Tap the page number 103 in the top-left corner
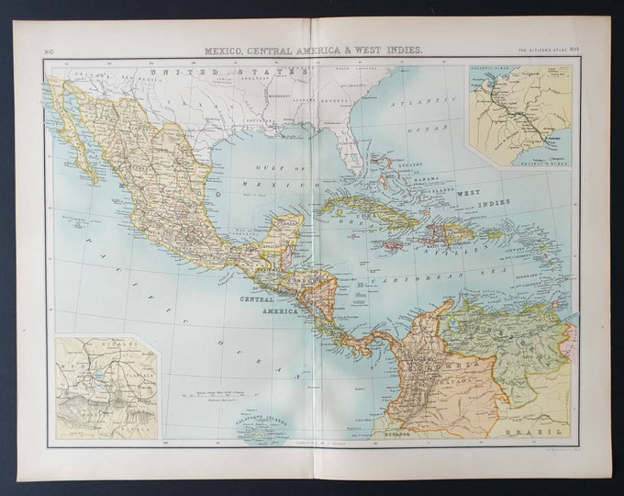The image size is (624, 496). tap(50, 51)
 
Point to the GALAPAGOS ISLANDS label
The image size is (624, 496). tap(262, 421)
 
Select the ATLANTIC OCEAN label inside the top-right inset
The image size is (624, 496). tap(490, 71)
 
